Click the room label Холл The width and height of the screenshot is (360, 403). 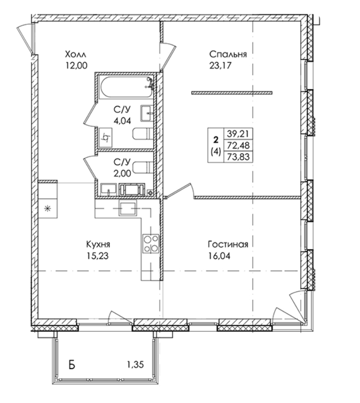75,55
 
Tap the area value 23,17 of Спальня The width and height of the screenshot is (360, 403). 221,66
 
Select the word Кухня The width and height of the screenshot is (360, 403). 98,244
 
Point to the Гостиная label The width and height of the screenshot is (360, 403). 228,244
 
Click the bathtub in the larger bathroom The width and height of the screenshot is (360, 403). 126,88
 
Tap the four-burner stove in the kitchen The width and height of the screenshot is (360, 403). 151,244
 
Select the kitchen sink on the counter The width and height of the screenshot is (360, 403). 127,208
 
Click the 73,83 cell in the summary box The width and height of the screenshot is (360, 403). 238,157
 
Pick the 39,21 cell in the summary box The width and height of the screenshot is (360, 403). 238,134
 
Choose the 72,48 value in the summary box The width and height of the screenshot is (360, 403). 238,146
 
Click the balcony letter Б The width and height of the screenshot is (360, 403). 72,364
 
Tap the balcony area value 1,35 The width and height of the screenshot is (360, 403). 135,364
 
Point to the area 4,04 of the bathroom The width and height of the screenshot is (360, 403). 122,120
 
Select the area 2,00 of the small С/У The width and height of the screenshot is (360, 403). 122,173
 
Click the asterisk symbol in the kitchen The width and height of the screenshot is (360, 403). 47,208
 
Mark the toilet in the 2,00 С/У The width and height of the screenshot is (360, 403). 143,168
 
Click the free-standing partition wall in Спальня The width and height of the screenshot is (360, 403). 232,93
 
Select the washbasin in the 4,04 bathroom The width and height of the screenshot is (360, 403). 147,113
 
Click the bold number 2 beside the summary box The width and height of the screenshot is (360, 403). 216,140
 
